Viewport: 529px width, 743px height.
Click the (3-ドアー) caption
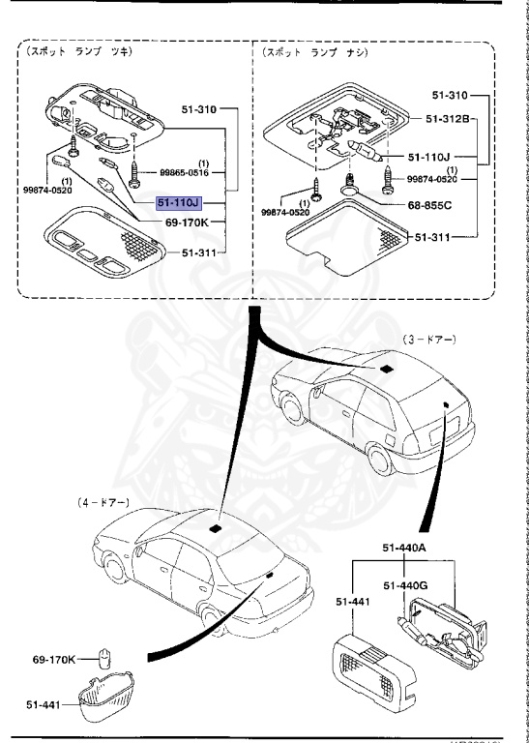pyautogui.click(x=428, y=341)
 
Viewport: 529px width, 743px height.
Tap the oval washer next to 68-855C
pyautogui.click(x=355, y=204)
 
